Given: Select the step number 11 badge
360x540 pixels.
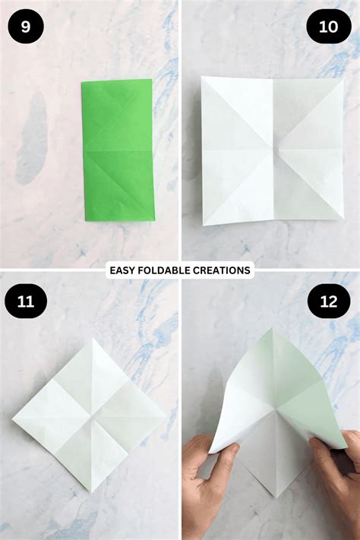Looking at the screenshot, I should [26, 302].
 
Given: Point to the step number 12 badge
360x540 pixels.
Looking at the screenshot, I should [328, 302].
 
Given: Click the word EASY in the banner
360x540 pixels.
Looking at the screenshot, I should [123, 270].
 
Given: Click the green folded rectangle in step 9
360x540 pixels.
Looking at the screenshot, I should [118, 150].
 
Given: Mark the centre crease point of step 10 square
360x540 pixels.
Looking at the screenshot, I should [271, 149].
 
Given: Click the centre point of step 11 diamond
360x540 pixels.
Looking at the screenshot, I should [90, 415].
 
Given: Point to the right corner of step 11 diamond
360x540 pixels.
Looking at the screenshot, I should [166, 415].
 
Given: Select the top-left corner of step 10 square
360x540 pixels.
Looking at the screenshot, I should [203, 78].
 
